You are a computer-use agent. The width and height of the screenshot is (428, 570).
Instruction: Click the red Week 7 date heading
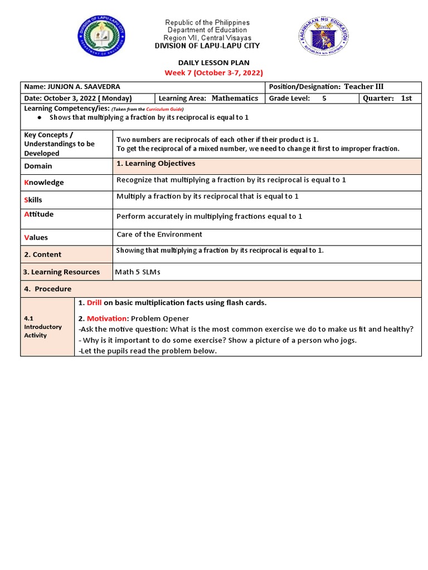pyautogui.click(x=213, y=73)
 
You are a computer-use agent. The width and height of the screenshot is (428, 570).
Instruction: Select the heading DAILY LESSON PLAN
pyautogui.click(x=213, y=63)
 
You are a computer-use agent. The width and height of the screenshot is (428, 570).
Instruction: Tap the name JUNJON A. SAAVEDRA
pyautogui.click(x=84, y=87)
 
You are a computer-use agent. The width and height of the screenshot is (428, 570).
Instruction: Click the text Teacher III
pyautogui.click(x=363, y=86)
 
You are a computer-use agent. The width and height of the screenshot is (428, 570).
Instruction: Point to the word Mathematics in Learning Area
pyautogui.click(x=235, y=98)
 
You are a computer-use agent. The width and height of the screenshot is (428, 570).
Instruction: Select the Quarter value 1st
pyautogui.click(x=406, y=99)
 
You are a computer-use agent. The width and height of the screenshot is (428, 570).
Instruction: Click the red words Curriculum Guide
pyautogui.click(x=164, y=110)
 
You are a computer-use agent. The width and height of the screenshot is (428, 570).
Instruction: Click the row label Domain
pyautogui.click(x=38, y=166)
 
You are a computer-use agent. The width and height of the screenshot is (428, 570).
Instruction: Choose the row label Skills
pyautogui.click(x=33, y=200)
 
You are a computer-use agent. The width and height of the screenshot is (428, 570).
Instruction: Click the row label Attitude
pyautogui.click(x=39, y=214)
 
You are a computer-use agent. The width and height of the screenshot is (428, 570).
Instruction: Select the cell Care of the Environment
pyautogui.click(x=159, y=234)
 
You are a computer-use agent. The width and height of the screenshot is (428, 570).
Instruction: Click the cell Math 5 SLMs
pyautogui.click(x=138, y=272)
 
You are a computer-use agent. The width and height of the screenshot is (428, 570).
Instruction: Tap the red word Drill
pyautogui.click(x=94, y=303)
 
